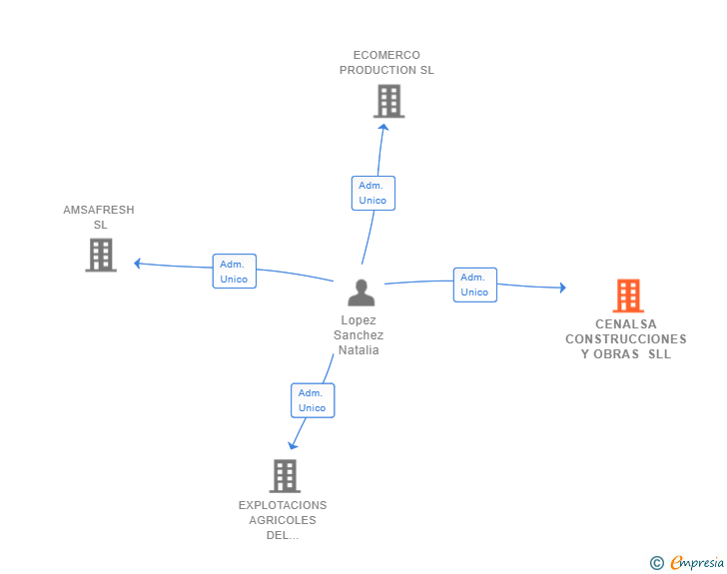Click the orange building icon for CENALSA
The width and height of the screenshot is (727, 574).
point(628,295)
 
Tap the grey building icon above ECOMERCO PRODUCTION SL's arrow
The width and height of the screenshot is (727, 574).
point(389,101)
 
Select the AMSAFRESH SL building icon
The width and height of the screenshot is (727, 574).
point(101,255)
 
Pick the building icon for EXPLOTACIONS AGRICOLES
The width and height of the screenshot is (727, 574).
point(285,476)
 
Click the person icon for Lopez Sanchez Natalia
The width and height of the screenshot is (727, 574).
point(362,292)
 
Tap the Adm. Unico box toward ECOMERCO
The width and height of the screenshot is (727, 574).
point(373,193)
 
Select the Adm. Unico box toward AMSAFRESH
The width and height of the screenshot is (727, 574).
point(234,272)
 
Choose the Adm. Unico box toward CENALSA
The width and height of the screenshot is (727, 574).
point(475,285)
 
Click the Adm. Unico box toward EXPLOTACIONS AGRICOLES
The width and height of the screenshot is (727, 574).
point(313,400)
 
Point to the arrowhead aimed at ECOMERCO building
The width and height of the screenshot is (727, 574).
point(383,127)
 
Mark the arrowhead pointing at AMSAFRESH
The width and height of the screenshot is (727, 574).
point(137,264)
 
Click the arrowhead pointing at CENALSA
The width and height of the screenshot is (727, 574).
point(563,287)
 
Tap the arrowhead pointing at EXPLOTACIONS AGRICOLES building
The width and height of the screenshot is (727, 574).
point(292,446)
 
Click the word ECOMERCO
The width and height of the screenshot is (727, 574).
point(386,55)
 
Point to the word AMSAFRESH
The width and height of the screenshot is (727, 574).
point(99,210)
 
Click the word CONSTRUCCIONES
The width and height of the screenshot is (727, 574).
point(626,339)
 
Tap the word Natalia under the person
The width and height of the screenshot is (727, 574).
point(359,350)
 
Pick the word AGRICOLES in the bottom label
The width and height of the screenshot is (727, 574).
point(283,520)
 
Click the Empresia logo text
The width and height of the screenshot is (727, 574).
point(697,562)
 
